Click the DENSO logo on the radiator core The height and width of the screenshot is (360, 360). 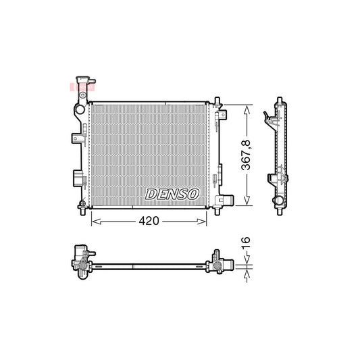tap(173, 194)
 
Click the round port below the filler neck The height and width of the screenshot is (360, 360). tap(80, 107)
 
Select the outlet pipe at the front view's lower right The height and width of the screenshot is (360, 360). tap(227, 201)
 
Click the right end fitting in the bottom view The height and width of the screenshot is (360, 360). tap(220, 263)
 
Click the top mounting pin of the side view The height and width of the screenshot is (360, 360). tap(278, 102)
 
